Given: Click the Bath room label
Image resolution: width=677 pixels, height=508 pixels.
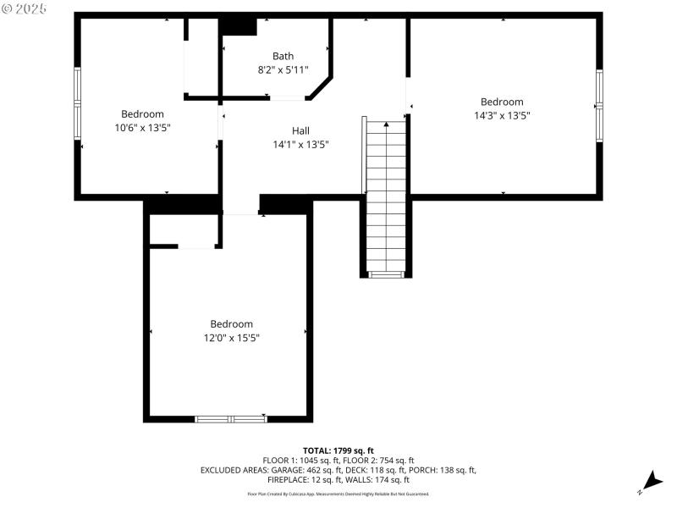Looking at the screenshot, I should (x=283, y=56).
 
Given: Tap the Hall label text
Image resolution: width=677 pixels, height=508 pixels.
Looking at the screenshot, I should (x=300, y=130).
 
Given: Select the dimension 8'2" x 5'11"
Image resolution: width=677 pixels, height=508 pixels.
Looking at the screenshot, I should (x=283, y=70).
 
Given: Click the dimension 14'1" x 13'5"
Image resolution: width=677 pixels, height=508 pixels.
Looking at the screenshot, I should (x=300, y=145).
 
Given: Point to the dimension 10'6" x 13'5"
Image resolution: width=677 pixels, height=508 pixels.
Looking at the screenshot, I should (x=142, y=128).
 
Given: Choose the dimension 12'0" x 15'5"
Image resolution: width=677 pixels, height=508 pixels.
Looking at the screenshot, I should (x=231, y=338).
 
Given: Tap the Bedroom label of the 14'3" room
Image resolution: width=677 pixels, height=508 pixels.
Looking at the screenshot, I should (x=502, y=102).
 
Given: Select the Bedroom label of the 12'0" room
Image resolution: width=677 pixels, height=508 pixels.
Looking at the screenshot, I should (x=231, y=323).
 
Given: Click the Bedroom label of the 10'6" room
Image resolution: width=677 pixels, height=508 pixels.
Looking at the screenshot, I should (x=142, y=113).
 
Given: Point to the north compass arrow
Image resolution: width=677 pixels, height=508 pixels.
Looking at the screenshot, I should (x=650, y=480).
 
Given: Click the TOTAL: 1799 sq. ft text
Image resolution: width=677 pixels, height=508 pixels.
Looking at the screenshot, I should (x=338, y=450).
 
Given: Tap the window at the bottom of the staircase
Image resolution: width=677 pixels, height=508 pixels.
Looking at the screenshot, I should (x=387, y=274).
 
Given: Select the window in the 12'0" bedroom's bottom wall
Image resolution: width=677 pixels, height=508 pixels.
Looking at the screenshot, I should (x=231, y=418).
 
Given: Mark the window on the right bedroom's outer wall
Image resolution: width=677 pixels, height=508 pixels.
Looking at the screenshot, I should (x=599, y=106).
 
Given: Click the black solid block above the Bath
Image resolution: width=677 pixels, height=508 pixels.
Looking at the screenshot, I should (x=239, y=26).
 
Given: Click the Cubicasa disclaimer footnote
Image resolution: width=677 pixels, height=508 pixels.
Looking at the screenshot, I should (x=338, y=494).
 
